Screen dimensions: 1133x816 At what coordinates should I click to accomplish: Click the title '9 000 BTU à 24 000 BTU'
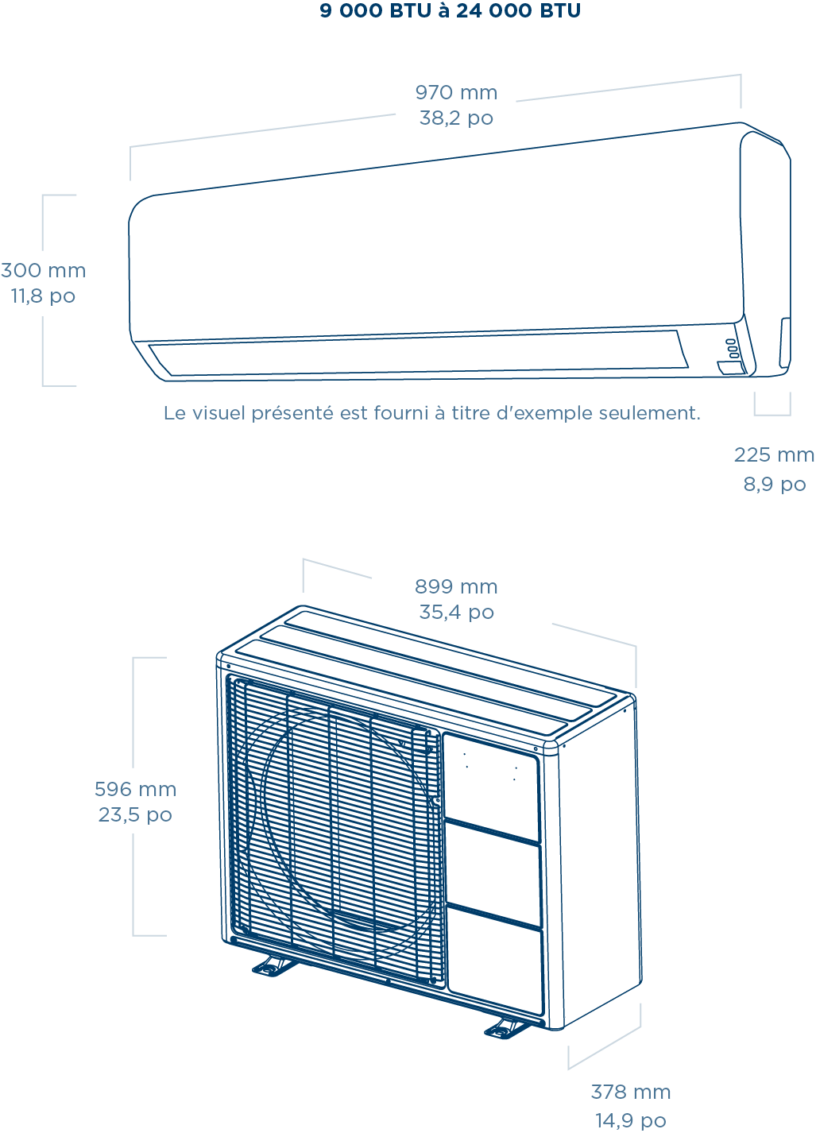tap(450, 11)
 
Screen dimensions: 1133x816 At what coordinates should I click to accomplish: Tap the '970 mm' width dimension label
tap(456, 93)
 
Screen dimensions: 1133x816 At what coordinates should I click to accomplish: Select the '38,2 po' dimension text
tap(456, 118)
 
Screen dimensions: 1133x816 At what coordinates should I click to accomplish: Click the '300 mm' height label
tap(44, 270)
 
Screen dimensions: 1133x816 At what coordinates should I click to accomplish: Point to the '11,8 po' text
tap(44, 296)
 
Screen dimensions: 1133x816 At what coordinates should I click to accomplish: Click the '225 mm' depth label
tap(774, 455)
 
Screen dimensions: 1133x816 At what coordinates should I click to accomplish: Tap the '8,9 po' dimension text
tap(775, 484)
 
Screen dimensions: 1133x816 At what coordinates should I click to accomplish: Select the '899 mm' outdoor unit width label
tap(456, 587)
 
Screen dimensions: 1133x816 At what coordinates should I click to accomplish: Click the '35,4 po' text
tap(456, 613)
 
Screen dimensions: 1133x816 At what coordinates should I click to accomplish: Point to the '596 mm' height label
tap(135, 789)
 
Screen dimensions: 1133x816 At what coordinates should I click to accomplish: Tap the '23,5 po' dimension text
tap(135, 815)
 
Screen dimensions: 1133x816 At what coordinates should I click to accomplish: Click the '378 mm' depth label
tap(631, 1092)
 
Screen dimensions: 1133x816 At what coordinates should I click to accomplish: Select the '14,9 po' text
tap(631, 1120)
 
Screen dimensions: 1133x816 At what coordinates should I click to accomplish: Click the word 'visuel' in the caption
tap(218, 413)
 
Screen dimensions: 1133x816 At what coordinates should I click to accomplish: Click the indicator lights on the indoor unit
tap(732, 347)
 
